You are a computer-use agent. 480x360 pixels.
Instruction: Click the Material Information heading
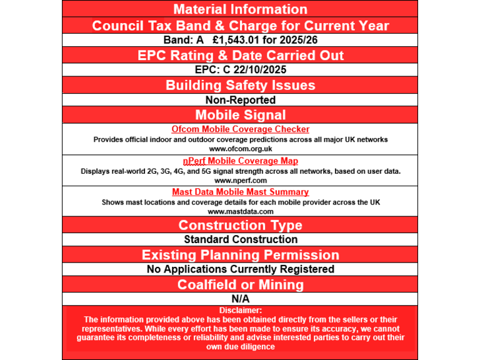(240, 9)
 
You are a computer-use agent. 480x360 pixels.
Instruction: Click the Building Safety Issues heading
(240, 85)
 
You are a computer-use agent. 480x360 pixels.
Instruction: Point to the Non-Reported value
(240, 100)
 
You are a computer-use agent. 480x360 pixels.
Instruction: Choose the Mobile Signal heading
(240, 115)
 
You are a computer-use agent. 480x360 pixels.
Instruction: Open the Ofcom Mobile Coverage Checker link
(240, 129)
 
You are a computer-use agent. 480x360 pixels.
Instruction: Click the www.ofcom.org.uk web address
(240, 149)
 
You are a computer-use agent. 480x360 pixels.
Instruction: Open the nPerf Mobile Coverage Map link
(240, 161)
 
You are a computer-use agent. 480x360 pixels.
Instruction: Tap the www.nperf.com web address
(240, 180)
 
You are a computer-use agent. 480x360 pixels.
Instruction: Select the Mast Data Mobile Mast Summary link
(240, 192)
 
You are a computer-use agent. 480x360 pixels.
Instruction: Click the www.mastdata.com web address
(240, 211)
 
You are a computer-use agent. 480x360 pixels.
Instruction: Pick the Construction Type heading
(240, 225)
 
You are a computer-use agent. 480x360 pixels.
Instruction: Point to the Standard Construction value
(240, 239)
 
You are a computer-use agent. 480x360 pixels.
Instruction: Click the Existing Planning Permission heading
(240, 255)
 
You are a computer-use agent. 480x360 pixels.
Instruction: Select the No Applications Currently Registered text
(240, 269)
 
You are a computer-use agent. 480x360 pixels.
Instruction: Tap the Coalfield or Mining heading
(240, 285)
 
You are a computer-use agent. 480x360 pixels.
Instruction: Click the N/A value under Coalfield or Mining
(240, 299)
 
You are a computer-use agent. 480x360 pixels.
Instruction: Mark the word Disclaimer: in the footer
(240, 310)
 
